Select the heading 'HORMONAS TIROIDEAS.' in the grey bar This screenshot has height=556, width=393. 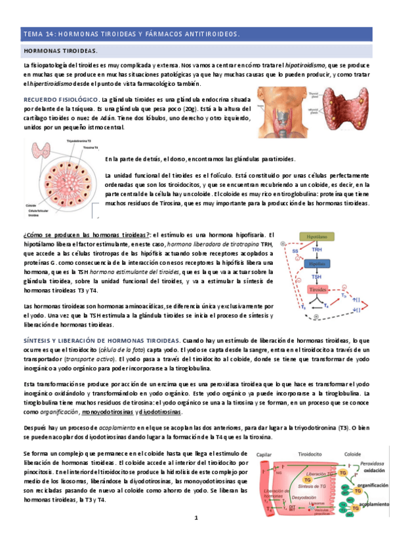point(60,50)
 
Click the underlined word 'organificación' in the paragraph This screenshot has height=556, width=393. point(58,412)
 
